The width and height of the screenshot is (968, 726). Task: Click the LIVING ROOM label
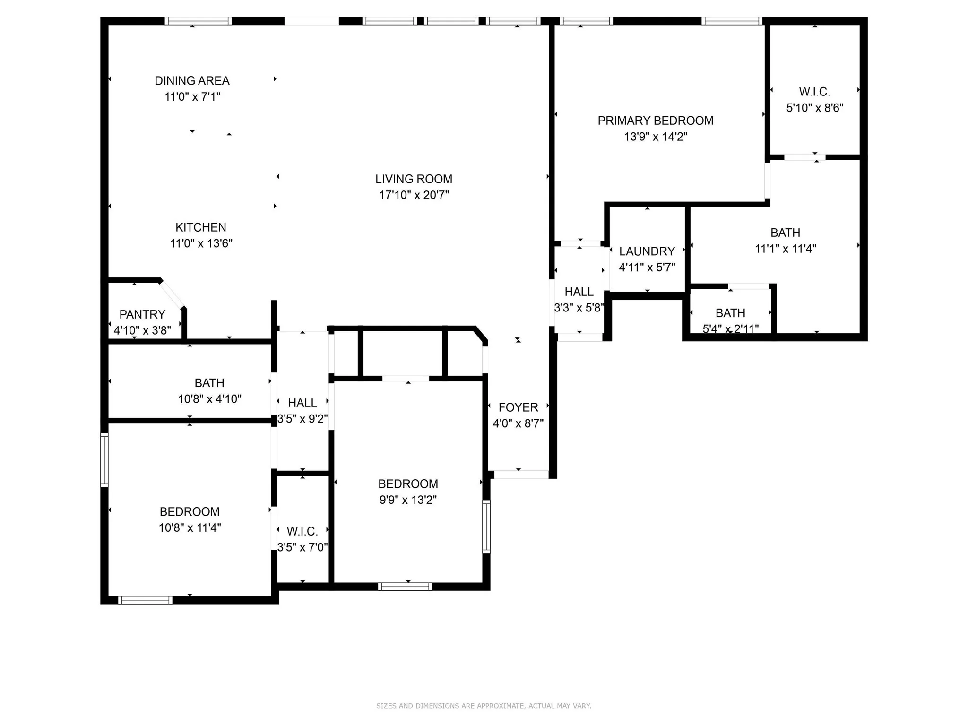414,179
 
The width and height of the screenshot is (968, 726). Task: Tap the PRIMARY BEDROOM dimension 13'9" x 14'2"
655,137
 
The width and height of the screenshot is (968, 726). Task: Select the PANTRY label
142,314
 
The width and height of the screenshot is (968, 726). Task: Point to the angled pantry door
172,294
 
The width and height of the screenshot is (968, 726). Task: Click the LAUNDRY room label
647,251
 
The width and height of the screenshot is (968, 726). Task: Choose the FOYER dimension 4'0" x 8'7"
518,423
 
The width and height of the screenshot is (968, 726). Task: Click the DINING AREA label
192,81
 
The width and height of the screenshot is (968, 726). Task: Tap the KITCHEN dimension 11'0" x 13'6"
201,243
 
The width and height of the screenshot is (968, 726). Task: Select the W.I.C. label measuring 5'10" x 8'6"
814,92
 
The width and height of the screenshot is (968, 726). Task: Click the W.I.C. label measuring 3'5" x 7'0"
302,531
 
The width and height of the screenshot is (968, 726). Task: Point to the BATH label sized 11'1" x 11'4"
785,233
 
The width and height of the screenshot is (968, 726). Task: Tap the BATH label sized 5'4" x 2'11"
730,313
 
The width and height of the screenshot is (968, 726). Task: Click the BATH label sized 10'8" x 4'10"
209,383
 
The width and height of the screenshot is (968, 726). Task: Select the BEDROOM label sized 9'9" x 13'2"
408,484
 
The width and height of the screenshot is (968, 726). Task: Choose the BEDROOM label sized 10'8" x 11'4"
190,511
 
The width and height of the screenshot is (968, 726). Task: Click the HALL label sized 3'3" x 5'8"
579,292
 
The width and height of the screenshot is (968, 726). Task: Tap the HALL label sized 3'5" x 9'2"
302,403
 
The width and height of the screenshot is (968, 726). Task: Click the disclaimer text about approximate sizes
484,706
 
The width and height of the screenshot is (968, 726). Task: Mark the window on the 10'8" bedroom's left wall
104,460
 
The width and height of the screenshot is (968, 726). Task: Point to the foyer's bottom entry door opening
521,475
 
